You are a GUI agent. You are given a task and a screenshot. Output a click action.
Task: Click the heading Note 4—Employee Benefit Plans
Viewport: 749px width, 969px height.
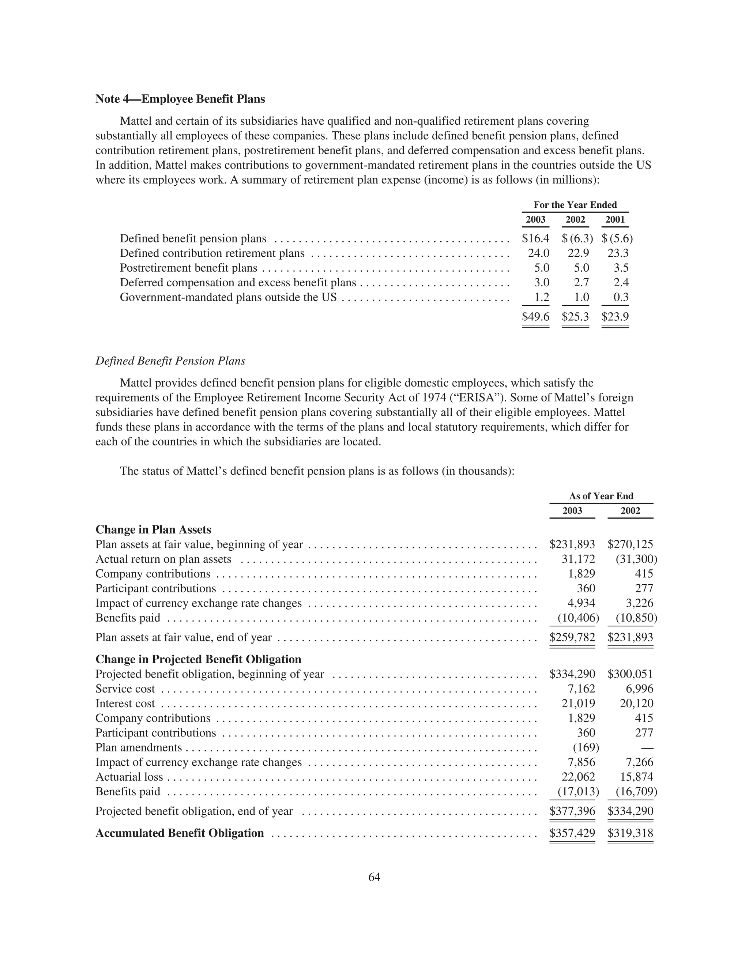180,99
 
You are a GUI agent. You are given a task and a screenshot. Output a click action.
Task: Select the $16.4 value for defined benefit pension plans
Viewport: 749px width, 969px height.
535,239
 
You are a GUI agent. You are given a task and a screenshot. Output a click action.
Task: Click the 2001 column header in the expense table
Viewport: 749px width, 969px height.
615,220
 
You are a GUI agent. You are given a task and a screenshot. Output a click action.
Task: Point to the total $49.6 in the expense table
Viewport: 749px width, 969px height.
535,317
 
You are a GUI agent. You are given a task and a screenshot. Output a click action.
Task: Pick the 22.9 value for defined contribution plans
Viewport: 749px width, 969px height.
578,253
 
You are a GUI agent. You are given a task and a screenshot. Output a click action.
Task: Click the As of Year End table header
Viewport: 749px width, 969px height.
601,496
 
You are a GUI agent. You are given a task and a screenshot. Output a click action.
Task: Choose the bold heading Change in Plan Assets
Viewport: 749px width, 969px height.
154,530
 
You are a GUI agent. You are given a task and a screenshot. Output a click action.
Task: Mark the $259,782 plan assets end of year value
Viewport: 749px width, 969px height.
572,638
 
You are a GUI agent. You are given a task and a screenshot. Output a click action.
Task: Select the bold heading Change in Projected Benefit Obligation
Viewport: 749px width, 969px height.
198,659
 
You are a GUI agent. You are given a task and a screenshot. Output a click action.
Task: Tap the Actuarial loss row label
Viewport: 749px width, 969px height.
129,777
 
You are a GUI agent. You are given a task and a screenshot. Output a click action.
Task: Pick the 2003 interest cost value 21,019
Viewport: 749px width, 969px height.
578,704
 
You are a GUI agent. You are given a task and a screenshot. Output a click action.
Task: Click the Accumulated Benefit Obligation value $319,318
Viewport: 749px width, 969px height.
630,833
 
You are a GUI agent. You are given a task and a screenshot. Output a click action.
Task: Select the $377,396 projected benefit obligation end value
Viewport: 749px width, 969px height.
572,811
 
